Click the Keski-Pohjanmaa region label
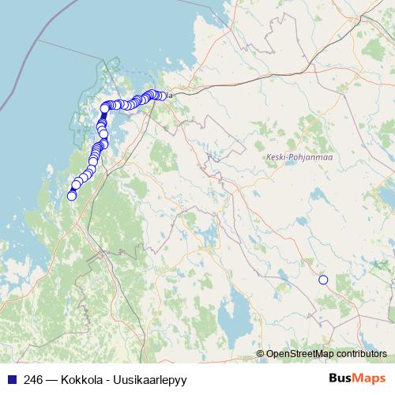pyautogui.click(x=288, y=157)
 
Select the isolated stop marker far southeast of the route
pyautogui.click(x=322, y=280)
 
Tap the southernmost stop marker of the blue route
pyautogui.click(x=72, y=196)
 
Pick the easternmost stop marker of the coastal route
pyautogui.click(x=162, y=96)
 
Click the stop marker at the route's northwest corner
pyautogui.click(x=104, y=108)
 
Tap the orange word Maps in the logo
pyautogui.click(x=371, y=379)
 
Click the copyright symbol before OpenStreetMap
pyautogui.click(x=261, y=353)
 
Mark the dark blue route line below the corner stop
pyautogui.click(x=103, y=118)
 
